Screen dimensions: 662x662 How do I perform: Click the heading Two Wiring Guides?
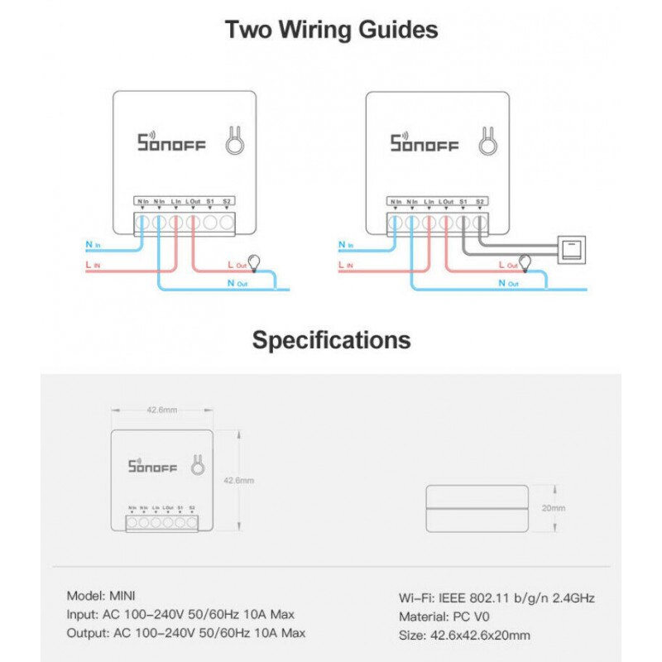(x=331, y=31)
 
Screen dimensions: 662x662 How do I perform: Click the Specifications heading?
(x=331, y=339)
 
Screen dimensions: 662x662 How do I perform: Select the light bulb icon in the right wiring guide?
(x=524, y=262)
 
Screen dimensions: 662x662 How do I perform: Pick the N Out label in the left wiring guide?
(x=237, y=283)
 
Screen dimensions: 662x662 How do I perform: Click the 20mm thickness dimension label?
(x=554, y=507)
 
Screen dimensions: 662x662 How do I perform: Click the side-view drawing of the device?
(x=476, y=507)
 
